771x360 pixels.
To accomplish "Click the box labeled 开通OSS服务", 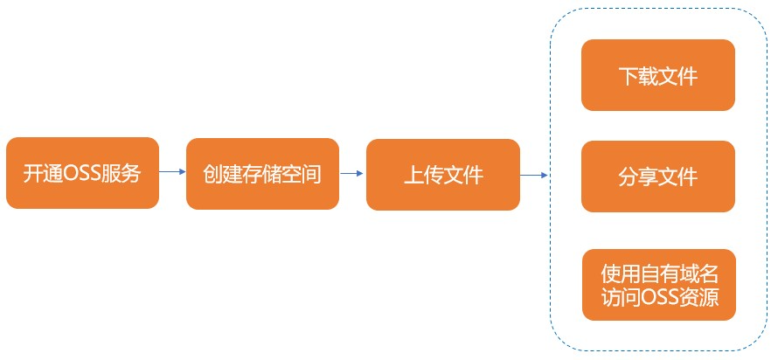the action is click(82, 173).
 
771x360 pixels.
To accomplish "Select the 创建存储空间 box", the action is click(262, 174).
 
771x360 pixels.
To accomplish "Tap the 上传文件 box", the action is click(443, 175).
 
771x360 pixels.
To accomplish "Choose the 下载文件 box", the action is click(658, 75).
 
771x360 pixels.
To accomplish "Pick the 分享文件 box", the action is click(658, 177).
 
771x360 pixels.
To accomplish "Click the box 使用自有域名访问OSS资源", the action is click(659, 285).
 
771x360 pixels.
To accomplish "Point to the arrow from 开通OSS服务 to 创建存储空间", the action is click(172, 171).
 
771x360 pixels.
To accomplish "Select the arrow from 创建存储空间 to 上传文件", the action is click(351, 173).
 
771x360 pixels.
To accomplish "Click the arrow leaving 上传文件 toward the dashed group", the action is click(534, 175).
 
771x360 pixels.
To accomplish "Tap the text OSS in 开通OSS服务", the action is click(81, 174).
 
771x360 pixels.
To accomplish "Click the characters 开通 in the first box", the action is click(44, 174).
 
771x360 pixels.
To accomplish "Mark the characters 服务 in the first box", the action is click(120, 174).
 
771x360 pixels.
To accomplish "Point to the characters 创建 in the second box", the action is click(223, 175).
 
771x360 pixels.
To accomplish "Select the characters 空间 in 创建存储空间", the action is click(302, 175).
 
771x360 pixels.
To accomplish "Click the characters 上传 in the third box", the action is click(423, 176).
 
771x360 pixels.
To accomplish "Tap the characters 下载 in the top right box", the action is click(638, 76).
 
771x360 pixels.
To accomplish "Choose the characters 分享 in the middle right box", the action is click(638, 177).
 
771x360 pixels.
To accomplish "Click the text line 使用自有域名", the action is click(659, 274).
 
